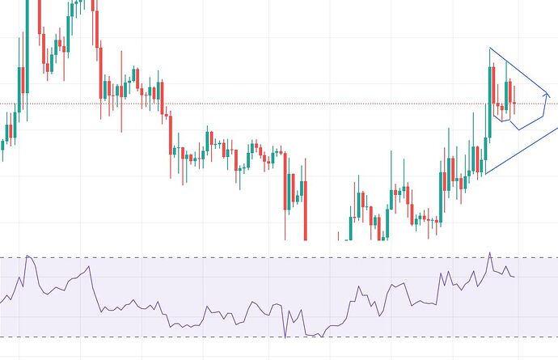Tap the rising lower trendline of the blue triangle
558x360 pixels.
pyautogui.click(x=522, y=149)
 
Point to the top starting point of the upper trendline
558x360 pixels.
pyautogui.click(x=489, y=49)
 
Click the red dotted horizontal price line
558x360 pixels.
pyautogui.click(x=243, y=104)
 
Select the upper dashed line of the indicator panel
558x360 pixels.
pyautogui.click(x=243, y=258)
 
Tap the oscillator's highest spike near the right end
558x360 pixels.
pyautogui.click(x=489, y=252)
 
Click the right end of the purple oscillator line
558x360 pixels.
pyautogui.click(x=514, y=277)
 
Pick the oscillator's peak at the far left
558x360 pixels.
pyautogui.click(x=27, y=256)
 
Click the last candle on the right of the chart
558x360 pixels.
pyautogui.click(x=514, y=101)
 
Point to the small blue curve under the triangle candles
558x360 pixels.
pyautogui.click(x=503, y=121)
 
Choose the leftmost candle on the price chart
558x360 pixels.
pyautogui.click(x=2, y=146)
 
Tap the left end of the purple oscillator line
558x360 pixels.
pyautogui.click(x=1, y=303)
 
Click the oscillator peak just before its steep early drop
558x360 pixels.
pyautogui.click(x=89, y=265)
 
